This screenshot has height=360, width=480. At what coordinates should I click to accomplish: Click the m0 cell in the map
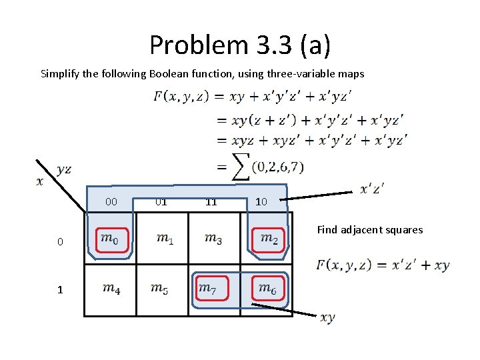pos(110,237)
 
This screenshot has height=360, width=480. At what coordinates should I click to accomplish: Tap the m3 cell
pos(213,237)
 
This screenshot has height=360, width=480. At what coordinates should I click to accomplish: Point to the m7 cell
pos(213,289)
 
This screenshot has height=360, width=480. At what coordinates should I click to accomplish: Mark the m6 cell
pos(267,289)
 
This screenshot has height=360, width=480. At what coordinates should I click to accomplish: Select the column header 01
pos(161,201)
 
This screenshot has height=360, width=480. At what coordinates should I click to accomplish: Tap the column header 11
pos(211,201)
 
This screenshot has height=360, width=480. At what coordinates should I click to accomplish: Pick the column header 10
pos(261,201)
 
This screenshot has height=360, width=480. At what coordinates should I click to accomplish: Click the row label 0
pos(60,242)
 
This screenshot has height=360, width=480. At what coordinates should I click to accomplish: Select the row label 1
pos(60,290)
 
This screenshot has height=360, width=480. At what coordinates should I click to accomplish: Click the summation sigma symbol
pos(240,166)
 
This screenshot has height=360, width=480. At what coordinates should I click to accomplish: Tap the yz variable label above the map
pos(64,169)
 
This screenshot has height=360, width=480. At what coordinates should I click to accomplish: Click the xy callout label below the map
pos(327,318)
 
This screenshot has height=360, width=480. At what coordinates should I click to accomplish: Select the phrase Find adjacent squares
pos(369,230)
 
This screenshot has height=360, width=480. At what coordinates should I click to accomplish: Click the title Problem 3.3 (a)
pos(239,45)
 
